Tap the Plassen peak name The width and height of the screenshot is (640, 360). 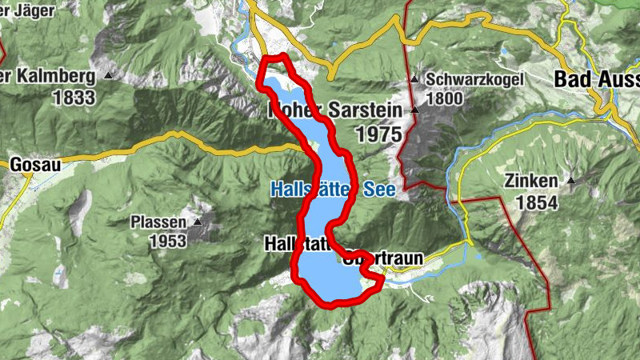pyautogui.click(x=158, y=222)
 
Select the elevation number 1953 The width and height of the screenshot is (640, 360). pyautogui.click(x=166, y=241)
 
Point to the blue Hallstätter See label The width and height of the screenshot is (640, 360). pyautogui.click(x=324, y=190)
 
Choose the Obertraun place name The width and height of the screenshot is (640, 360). pyautogui.click(x=382, y=259)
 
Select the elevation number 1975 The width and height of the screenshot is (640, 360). pyautogui.click(x=378, y=134)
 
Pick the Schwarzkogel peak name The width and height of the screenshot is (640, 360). pyautogui.click(x=474, y=80)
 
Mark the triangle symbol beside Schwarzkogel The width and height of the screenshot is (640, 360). pyautogui.click(x=414, y=80)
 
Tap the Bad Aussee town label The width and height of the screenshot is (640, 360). pyautogui.click(x=597, y=80)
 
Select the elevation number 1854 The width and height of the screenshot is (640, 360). pyautogui.click(x=536, y=203)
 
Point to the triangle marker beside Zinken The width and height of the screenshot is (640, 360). pyautogui.click(x=571, y=181)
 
